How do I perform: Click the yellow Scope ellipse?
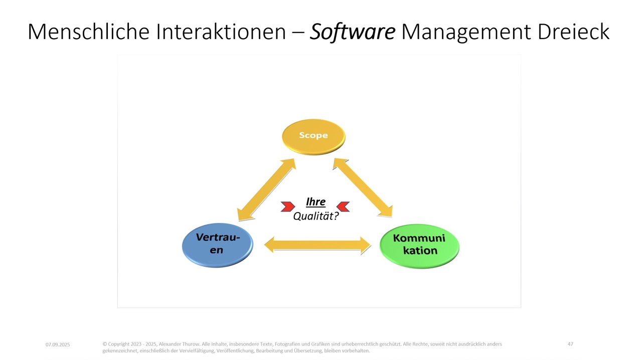pos(313,136)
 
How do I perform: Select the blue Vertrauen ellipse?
pos(217,244)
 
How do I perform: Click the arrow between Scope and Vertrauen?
pos(266,190)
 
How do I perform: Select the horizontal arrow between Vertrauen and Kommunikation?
pos(317,245)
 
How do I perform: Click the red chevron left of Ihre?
pos(288,206)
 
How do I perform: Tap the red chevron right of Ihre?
pos(344,206)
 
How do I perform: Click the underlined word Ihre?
pos(315,202)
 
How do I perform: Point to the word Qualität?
pos(316,216)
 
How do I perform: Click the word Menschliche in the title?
pos(88,32)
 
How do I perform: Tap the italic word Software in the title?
pos(353,32)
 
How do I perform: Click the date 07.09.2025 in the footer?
pos(58,344)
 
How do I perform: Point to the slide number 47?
pos(570,344)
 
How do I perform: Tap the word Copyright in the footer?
pos(119,344)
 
